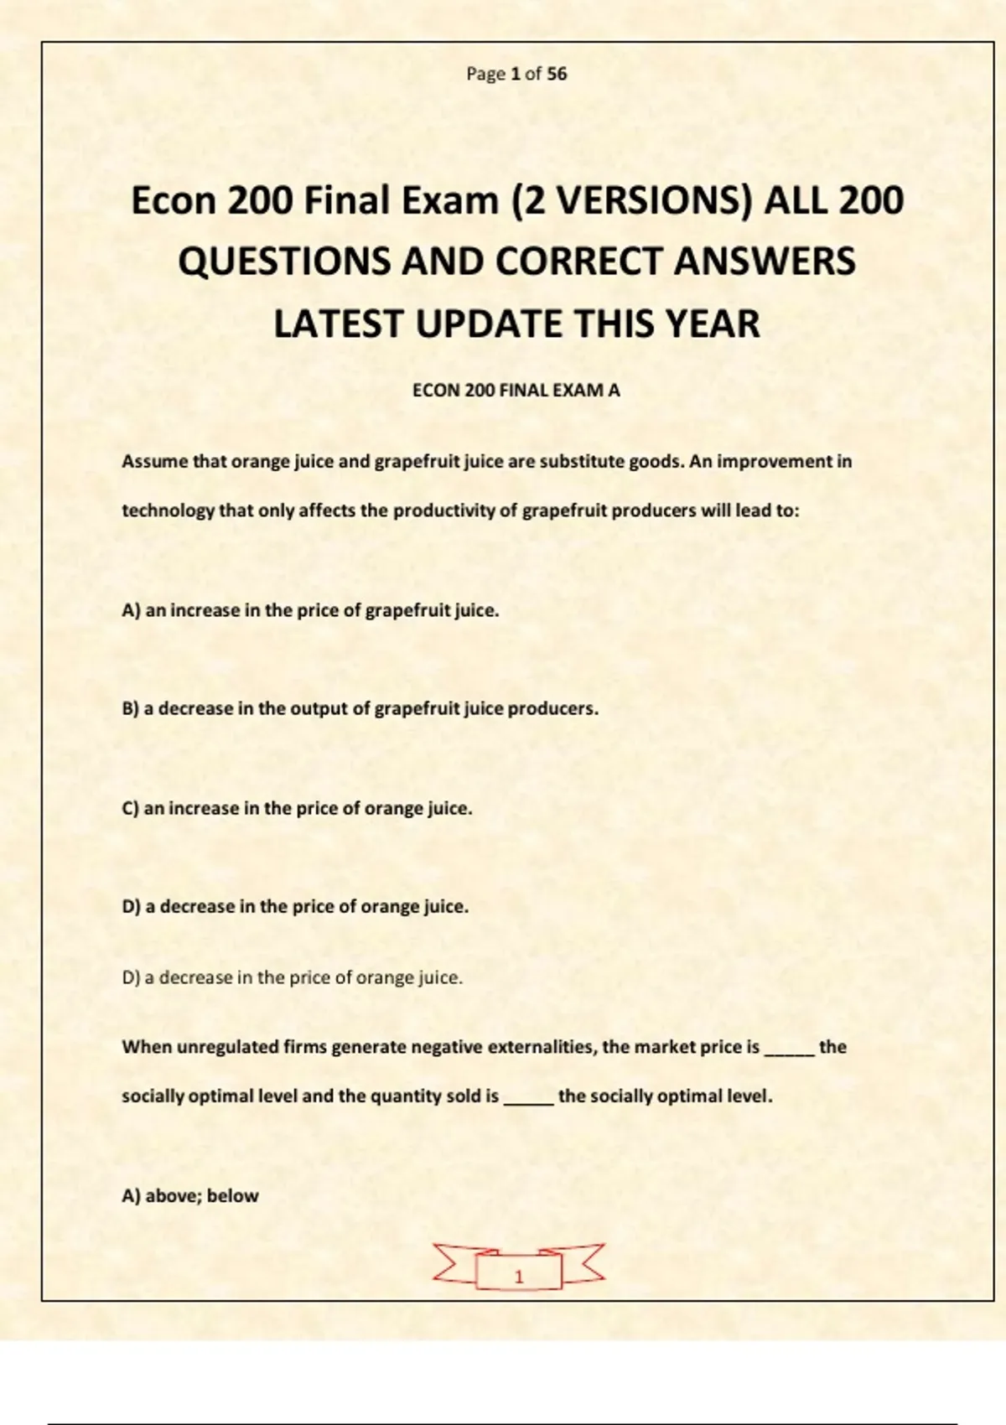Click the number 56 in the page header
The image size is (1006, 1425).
pos(557,74)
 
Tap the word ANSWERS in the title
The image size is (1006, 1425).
pos(765,262)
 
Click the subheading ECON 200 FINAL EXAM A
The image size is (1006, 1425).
pos(516,391)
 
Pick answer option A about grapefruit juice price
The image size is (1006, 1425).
pos(310,611)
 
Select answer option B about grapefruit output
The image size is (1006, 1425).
pos(360,709)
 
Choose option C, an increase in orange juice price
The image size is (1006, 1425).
pos(297,809)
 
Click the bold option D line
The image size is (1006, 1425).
pos(295,907)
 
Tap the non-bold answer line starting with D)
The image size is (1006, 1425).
pos(292,978)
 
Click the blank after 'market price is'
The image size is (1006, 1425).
pos(789,1049)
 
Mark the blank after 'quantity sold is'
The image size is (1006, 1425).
pos(528,1099)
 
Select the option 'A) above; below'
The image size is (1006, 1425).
pos(190,1196)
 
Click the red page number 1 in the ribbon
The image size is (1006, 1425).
pos(518,1277)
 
